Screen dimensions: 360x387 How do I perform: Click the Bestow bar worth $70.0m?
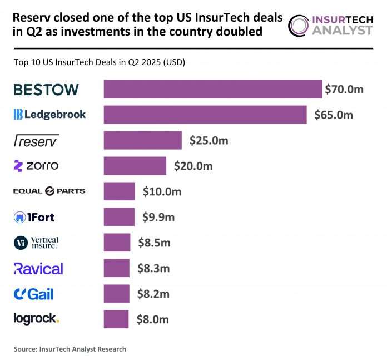[x=213, y=89]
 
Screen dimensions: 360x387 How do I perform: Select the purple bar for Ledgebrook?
[x=205, y=115]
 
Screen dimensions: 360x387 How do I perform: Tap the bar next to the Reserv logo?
[x=143, y=140]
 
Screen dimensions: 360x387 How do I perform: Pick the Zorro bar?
[x=135, y=166]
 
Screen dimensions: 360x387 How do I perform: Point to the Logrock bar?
[x=116, y=319]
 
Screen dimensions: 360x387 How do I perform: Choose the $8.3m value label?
[x=153, y=269]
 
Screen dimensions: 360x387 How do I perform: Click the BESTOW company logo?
[x=46, y=89]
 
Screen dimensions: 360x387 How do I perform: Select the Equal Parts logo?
[x=49, y=191]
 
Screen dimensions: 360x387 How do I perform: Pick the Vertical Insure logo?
[x=36, y=243]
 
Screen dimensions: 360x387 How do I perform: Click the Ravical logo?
[x=38, y=269]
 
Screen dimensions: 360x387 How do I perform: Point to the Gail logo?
[x=34, y=294]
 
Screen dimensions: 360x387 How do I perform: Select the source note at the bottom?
[x=70, y=349]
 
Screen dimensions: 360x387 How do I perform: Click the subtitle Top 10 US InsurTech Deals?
[x=99, y=62]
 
